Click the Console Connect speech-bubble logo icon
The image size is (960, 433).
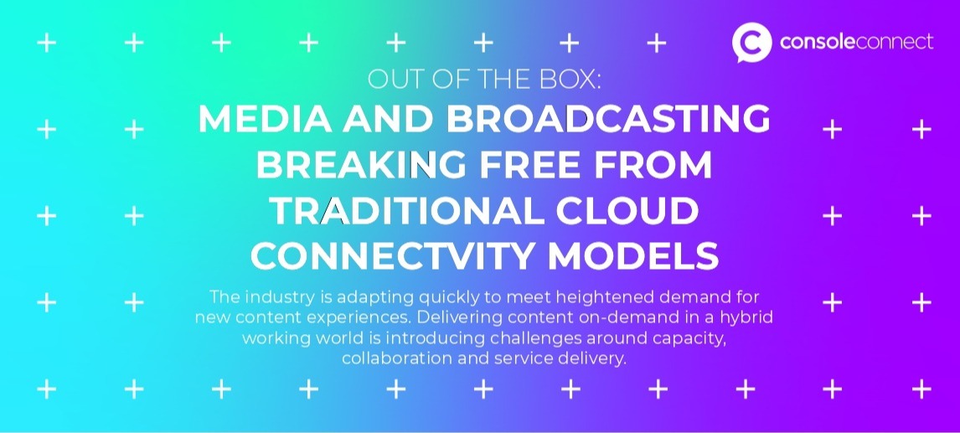click(x=751, y=42)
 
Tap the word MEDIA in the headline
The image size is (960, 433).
click(x=265, y=118)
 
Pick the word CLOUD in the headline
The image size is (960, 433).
click(x=627, y=210)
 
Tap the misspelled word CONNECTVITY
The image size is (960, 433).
click(x=392, y=256)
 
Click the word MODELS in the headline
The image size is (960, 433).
click(x=633, y=256)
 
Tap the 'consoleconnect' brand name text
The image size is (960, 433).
click(x=856, y=42)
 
